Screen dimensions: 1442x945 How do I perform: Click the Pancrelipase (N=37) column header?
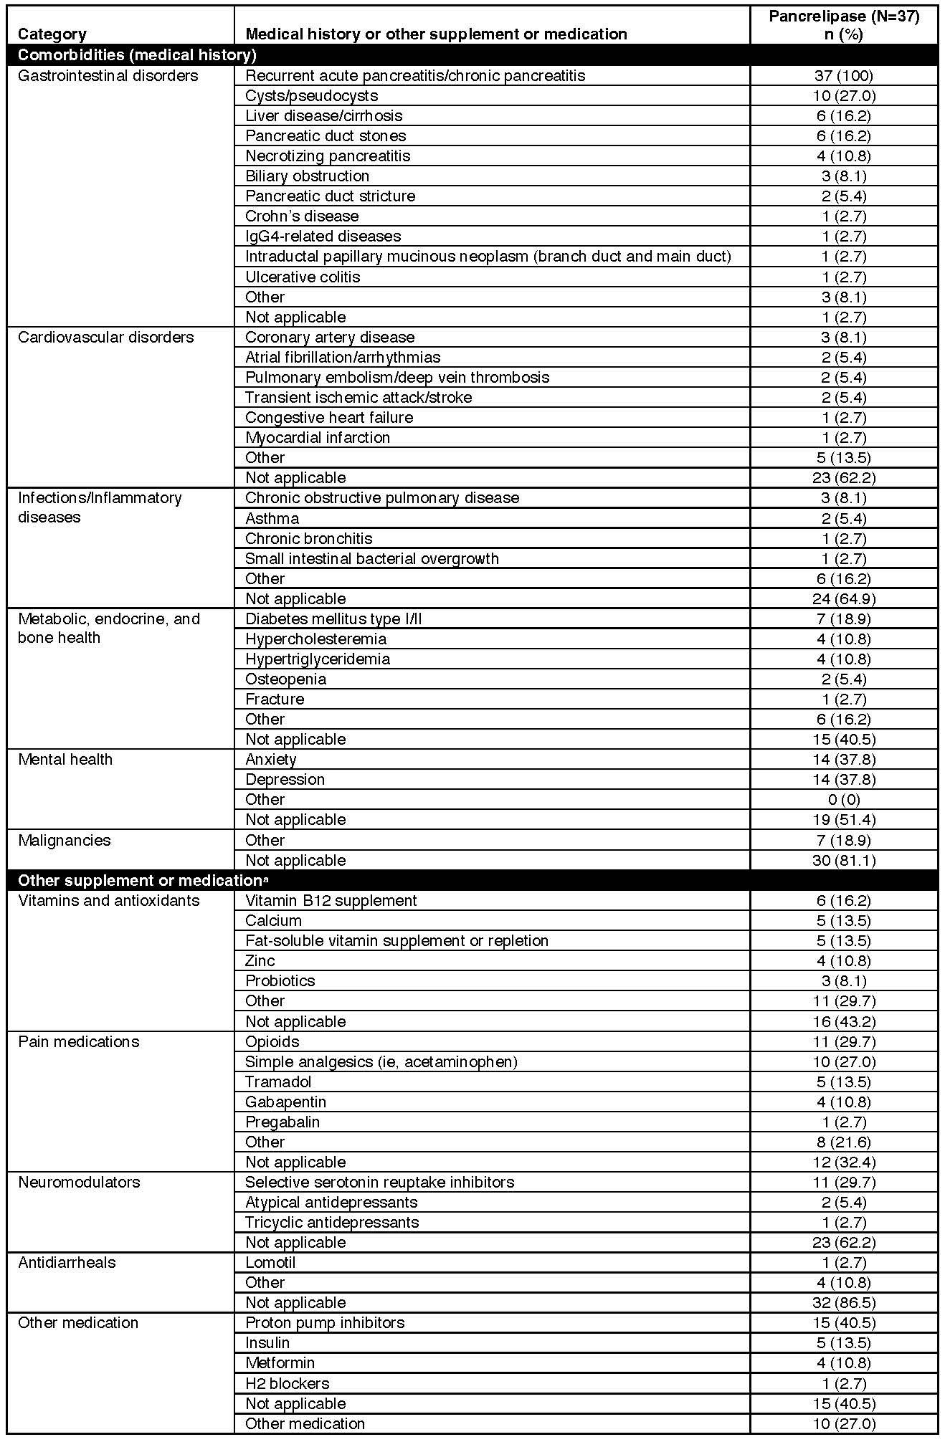844,25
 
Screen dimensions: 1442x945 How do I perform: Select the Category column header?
52,34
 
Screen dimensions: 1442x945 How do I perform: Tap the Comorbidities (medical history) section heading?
137,55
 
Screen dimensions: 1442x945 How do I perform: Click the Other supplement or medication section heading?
142,880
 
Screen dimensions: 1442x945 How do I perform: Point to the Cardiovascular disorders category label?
105,337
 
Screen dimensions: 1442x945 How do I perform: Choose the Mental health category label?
65,759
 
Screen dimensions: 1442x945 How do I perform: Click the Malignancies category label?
65,840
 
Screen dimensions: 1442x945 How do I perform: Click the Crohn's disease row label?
302,216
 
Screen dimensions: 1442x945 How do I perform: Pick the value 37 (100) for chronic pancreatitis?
844,75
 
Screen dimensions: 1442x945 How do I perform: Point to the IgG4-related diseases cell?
323,236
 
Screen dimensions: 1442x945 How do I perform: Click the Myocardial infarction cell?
318,437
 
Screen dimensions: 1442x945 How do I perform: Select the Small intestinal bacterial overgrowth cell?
371,558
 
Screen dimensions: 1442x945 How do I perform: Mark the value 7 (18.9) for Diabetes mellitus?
844,619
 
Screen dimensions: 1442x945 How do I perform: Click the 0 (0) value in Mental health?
844,799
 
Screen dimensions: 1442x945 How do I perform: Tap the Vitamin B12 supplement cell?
331,900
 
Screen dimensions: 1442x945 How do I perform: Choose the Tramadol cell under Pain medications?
278,1081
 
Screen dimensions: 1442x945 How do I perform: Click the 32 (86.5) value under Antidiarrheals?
844,1302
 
